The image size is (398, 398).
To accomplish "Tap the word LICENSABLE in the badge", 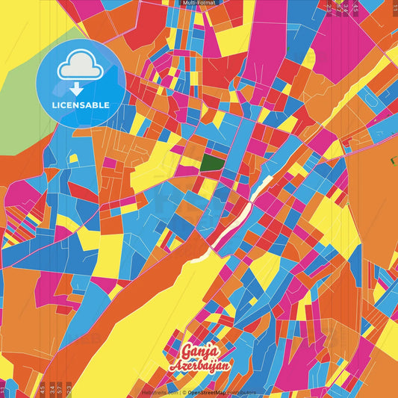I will click(x=81, y=105).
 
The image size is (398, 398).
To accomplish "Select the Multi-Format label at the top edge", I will click(x=199, y=3).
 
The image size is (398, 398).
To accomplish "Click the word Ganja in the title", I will click(x=198, y=351).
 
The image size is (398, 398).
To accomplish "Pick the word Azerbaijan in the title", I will click(x=200, y=366).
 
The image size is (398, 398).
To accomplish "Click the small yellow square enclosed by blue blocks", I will click(x=74, y=158).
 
